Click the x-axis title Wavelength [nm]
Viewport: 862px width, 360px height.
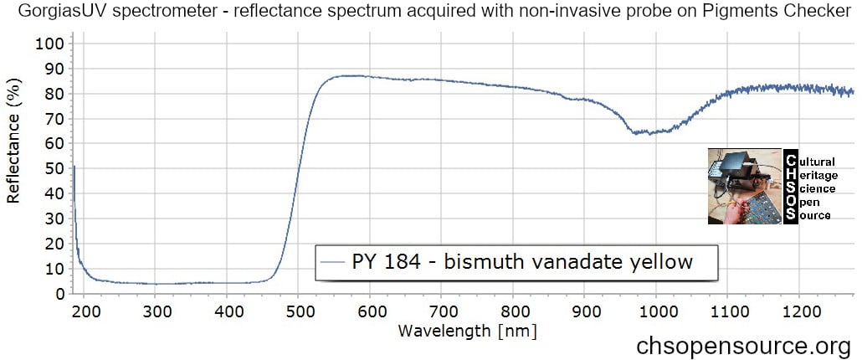click(467, 331)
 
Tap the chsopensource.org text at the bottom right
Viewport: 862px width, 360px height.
click(744, 345)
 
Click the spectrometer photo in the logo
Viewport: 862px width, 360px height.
click(743, 187)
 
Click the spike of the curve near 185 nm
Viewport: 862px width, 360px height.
click(74, 167)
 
